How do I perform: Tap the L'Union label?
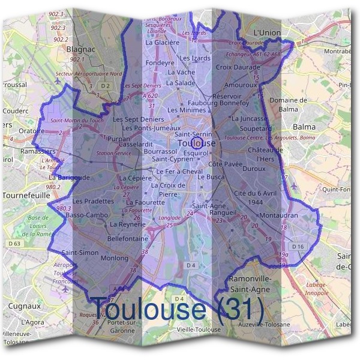pyautogui.click(x=268, y=31)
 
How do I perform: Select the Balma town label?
pyautogui.click(x=304, y=127)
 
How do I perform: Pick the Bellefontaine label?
pyautogui.click(x=127, y=238)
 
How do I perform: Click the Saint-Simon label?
pyautogui.click(x=80, y=253)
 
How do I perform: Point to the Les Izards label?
pyautogui.click(x=196, y=58)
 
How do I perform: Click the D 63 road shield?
pyautogui.click(x=15, y=244)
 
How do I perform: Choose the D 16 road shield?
pyautogui.click(x=298, y=247)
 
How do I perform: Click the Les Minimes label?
pyautogui.click(x=186, y=110)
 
